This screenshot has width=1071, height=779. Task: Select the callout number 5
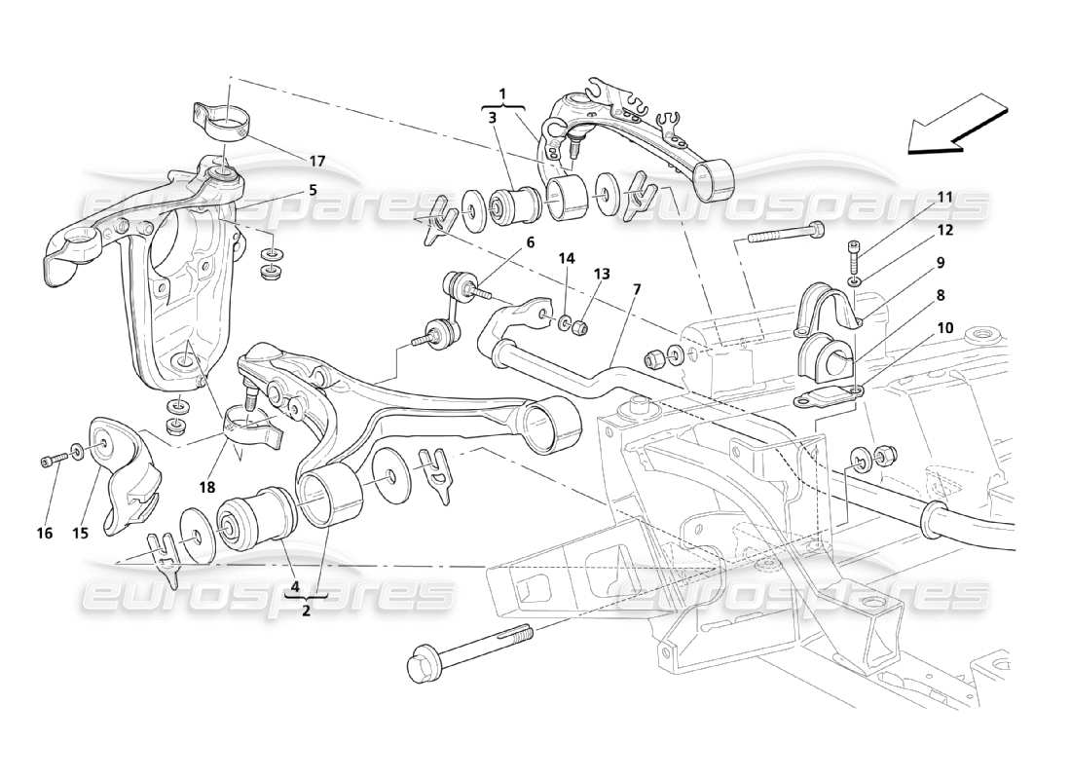click(x=313, y=191)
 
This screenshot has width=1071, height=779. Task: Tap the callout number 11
click(x=944, y=197)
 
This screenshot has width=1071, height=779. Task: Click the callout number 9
click(x=941, y=262)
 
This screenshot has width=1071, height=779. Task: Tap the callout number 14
click(x=567, y=258)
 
